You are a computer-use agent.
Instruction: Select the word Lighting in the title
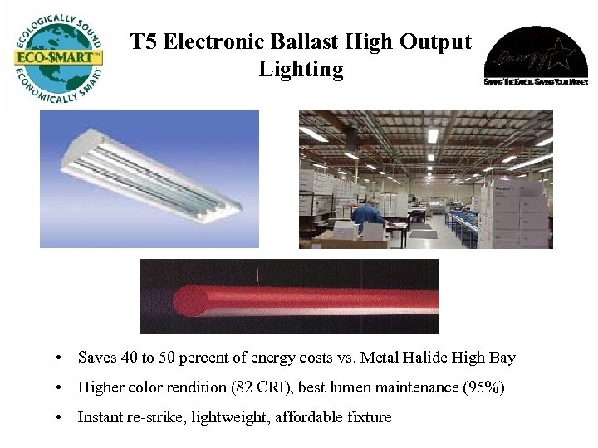coord(301,69)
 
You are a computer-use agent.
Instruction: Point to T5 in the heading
coord(144,41)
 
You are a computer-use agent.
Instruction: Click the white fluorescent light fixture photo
coord(149,178)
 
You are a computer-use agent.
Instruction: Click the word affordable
coord(312,417)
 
